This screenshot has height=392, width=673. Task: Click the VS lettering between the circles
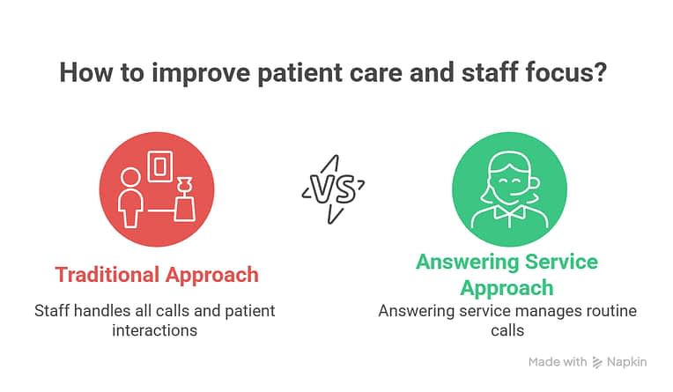[x=332, y=188]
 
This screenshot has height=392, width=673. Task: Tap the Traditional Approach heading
[x=157, y=274]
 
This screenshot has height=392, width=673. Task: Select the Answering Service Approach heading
[x=507, y=275]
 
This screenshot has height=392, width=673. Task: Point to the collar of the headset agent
[x=507, y=211]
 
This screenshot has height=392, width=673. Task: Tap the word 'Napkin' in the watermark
[x=627, y=362]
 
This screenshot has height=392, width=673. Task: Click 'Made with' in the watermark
[x=557, y=362]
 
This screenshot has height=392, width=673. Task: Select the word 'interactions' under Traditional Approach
[x=155, y=330]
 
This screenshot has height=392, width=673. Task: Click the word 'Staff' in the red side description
[x=52, y=311]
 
